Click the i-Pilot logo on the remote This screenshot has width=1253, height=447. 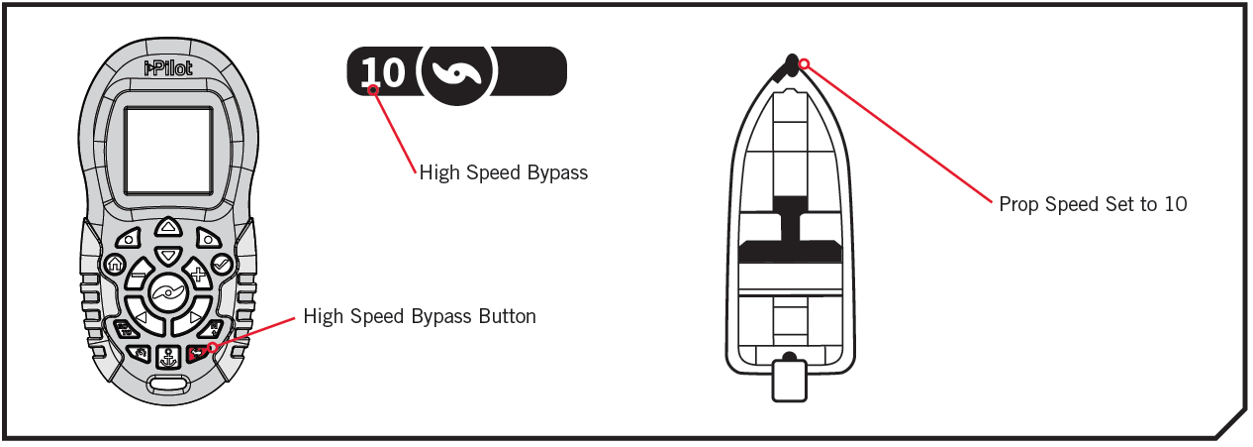167,70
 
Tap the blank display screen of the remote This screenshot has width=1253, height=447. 167,150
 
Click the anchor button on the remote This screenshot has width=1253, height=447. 167,356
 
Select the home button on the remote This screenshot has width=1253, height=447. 115,265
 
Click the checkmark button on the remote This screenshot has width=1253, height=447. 221,265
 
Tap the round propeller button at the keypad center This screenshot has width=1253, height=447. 167,292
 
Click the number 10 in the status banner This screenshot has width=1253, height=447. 382,72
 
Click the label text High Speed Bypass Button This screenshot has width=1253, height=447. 420,317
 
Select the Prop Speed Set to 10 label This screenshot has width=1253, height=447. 1093,204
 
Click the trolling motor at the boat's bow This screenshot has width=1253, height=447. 790,65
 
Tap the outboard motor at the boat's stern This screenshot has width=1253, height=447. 789,379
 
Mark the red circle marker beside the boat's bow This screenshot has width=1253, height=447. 804,64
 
